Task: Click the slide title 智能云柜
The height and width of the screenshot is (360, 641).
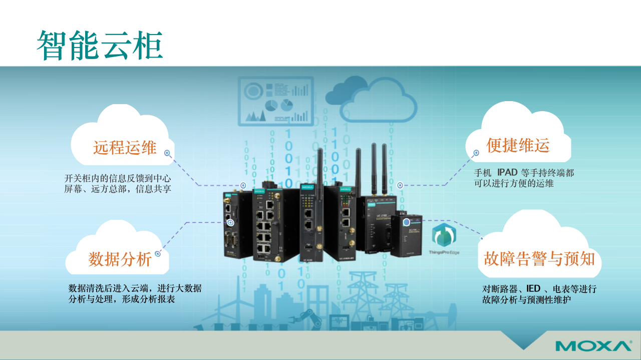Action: click(x=100, y=46)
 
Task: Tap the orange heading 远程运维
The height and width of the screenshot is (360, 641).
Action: click(x=125, y=148)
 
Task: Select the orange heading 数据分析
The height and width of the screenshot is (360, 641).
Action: click(x=120, y=259)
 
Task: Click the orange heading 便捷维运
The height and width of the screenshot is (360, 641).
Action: click(x=518, y=145)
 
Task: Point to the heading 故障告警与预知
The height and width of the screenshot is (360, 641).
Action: click(x=539, y=259)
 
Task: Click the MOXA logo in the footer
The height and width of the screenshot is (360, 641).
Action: click(x=593, y=346)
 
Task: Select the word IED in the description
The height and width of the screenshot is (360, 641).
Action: click(x=533, y=288)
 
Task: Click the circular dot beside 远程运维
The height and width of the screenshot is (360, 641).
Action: click(x=167, y=154)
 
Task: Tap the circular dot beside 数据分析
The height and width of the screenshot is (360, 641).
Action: click(x=158, y=254)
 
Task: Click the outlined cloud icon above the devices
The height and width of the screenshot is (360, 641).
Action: click(x=378, y=103)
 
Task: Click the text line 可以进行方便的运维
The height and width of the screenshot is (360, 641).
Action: click(x=514, y=183)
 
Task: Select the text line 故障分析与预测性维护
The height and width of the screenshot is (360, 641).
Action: click(x=527, y=300)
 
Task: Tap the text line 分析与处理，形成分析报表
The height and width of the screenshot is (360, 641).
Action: click(x=122, y=299)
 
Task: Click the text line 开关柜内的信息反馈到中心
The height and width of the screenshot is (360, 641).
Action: click(x=118, y=178)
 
